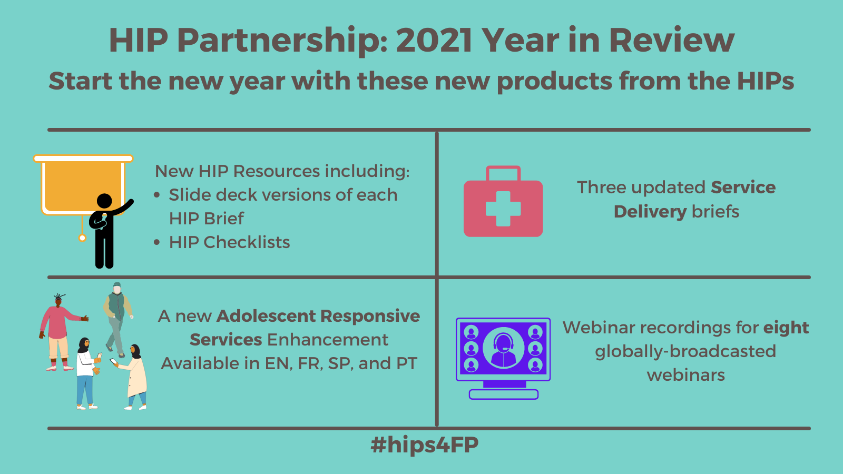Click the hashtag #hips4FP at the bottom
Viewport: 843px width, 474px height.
pyautogui.click(x=425, y=445)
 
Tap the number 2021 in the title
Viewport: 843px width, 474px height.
pyautogui.click(x=434, y=40)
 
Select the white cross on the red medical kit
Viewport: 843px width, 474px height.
pyautogui.click(x=503, y=209)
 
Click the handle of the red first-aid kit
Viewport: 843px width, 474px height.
pyautogui.click(x=503, y=173)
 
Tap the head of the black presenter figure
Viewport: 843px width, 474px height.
pyautogui.click(x=104, y=201)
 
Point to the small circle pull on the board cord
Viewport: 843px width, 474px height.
pyautogui.click(x=82, y=238)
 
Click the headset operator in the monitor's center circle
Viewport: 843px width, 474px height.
pyautogui.click(x=503, y=350)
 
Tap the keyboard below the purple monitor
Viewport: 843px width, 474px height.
pyautogui.click(x=504, y=394)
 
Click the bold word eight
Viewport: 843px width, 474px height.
pyautogui.click(x=786, y=328)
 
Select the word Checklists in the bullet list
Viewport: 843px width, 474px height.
pyautogui.click(x=247, y=242)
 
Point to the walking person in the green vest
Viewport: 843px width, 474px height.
pyautogui.click(x=117, y=320)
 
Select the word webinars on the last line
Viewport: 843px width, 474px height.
pyautogui.click(x=685, y=376)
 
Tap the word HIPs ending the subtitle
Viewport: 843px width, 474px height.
pyautogui.click(x=765, y=81)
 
